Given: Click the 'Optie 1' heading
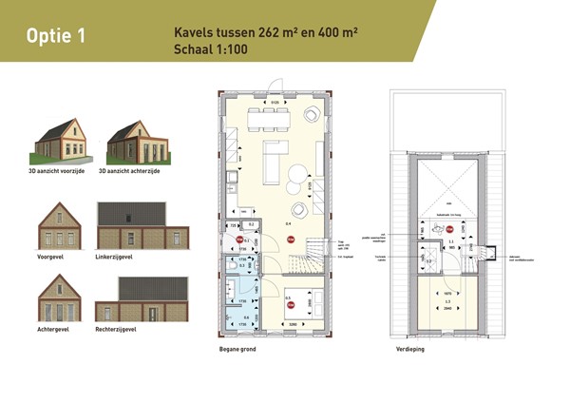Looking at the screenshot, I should [57, 36].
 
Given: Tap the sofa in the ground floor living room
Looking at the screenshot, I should [269, 162].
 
